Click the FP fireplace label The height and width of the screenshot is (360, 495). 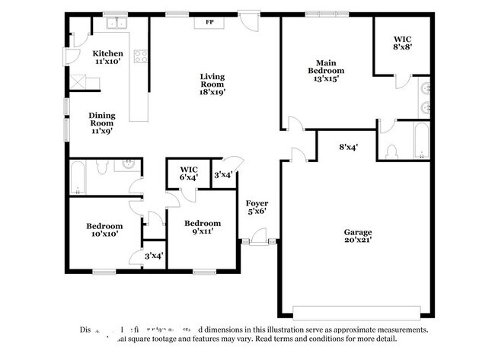pyautogui.click(x=209, y=22)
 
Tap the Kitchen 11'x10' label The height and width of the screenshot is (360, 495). pyautogui.click(x=108, y=57)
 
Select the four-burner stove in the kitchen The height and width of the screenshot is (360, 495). pyautogui.click(x=140, y=56)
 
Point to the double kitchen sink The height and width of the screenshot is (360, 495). pyautogui.click(x=116, y=24)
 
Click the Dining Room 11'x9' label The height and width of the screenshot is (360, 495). pyautogui.click(x=101, y=123)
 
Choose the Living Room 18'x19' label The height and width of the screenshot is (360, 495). pyautogui.click(x=212, y=84)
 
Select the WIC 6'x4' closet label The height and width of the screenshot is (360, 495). pyautogui.click(x=189, y=173)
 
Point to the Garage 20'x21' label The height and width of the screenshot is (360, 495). pyautogui.click(x=356, y=237)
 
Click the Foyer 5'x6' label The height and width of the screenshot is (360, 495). pyautogui.click(x=257, y=208)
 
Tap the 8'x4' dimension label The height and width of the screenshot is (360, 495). pyautogui.click(x=349, y=148)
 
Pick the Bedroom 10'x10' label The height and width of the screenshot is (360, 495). pyautogui.click(x=104, y=231)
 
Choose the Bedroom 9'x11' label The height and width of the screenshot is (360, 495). pyautogui.click(x=203, y=228)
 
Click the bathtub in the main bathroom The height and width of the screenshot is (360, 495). pyautogui.click(x=422, y=142)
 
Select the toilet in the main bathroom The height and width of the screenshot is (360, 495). pyautogui.click(x=392, y=149)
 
